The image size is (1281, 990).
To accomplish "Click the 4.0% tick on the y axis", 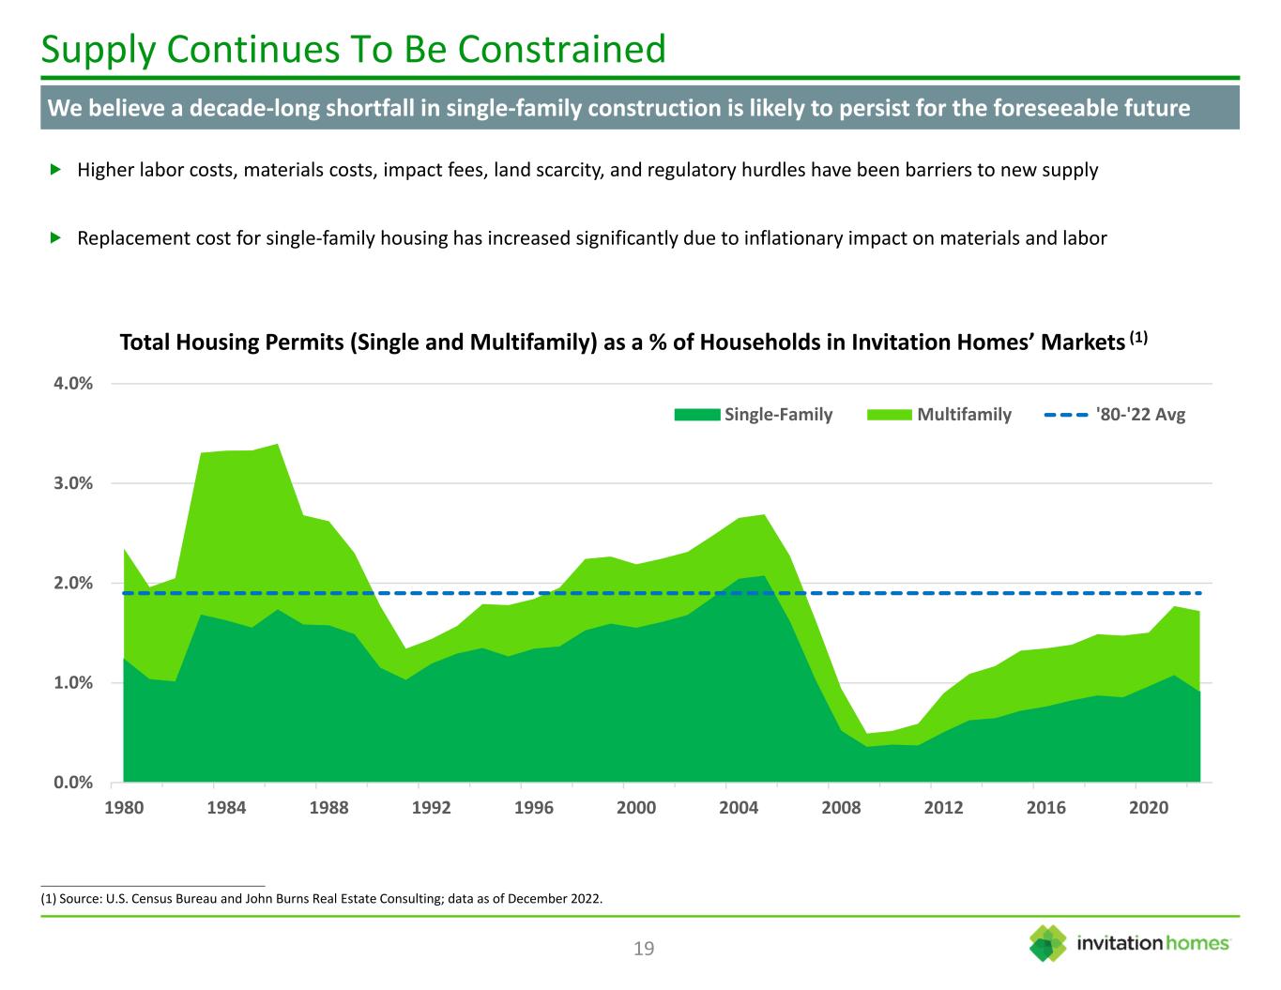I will (x=72, y=384).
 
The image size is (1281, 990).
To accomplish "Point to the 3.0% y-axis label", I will (x=72, y=483).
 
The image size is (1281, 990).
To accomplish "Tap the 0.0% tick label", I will (x=72, y=782).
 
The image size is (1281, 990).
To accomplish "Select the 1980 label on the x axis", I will (x=123, y=808).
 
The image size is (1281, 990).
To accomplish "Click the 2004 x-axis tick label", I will (x=739, y=808).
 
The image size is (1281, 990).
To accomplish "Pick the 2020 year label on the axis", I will (x=1149, y=808).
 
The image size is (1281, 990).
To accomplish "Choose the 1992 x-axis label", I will (x=431, y=808).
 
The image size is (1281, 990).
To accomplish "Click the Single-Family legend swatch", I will (x=697, y=415).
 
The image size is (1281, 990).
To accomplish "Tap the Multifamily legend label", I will (x=964, y=415).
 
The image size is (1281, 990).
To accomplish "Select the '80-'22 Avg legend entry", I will (x=1140, y=415).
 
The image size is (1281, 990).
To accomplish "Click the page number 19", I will (x=644, y=949).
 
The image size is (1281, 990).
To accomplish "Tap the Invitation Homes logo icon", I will (x=1048, y=943).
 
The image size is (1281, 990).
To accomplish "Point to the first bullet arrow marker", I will (x=54, y=170).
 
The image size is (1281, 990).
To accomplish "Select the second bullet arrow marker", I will (x=54, y=237).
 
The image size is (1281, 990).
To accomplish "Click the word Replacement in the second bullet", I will (x=130, y=238).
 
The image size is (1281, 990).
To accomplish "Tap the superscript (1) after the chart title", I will (x=1138, y=337).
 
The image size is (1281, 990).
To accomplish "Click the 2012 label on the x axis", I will (x=943, y=808).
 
